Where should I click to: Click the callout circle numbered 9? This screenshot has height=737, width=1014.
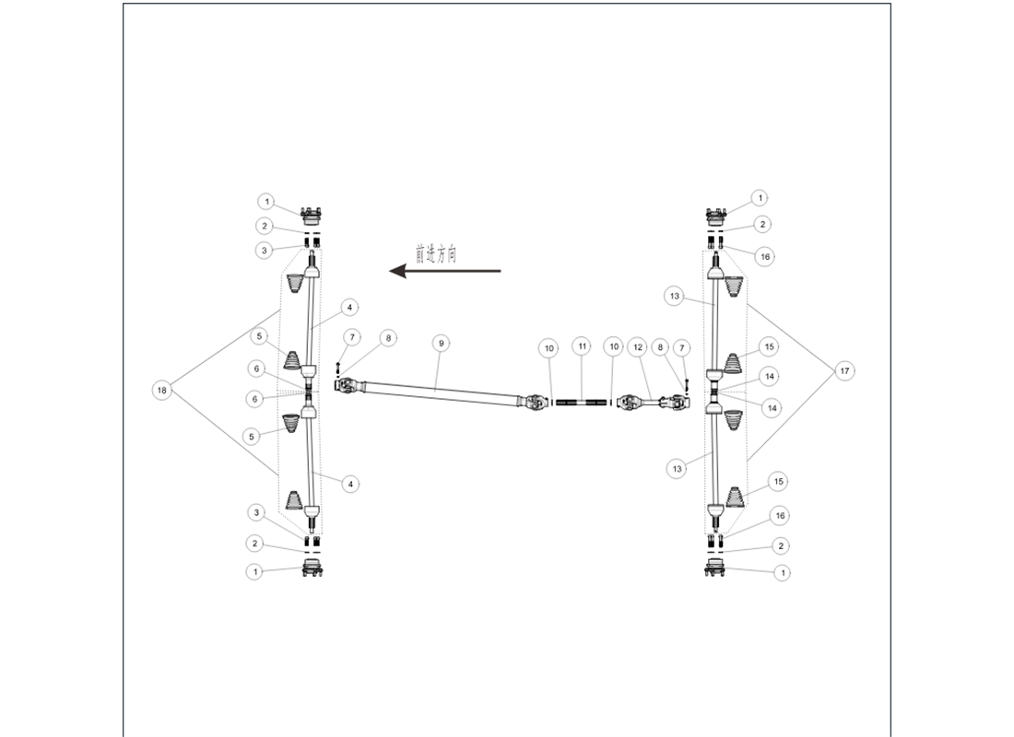[x=441, y=344]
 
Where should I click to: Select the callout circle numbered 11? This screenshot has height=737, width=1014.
[x=582, y=346]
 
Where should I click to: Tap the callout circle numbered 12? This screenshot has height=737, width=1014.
[x=638, y=347]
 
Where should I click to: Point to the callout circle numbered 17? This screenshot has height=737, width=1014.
[x=843, y=371]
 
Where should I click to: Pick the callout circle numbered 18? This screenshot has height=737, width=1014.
[x=161, y=390]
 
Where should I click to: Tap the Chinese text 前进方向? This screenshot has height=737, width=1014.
[x=436, y=253]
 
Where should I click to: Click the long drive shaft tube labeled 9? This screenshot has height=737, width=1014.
[x=436, y=390]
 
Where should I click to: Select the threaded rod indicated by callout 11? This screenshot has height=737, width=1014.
[x=582, y=403]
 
